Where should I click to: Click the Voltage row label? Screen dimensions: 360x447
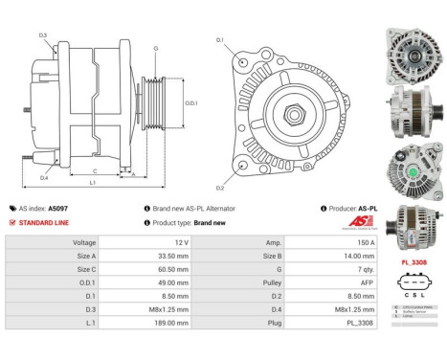click(x=84, y=243)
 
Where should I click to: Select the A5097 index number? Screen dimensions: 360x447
click(x=58, y=208)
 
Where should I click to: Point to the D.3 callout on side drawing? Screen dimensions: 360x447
click(x=44, y=35)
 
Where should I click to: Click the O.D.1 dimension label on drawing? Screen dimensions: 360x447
click(x=190, y=103)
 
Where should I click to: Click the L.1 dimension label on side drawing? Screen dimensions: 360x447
click(x=92, y=181)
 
